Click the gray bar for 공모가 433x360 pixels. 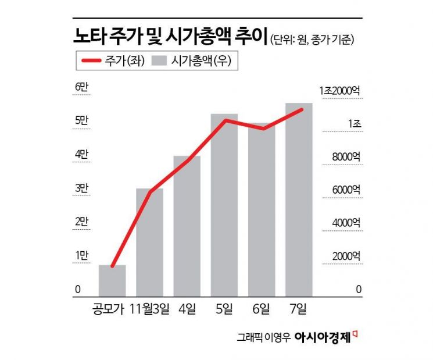pyautogui.click(x=112, y=281)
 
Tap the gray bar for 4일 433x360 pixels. pyautogui.click(x=187, y=226)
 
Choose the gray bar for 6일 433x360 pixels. pyautogui.click(x=262, y=210)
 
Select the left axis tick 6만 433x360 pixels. pyautogui.click(x=81, y=88)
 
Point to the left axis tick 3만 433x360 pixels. pyautogui.click(x=81, y=188)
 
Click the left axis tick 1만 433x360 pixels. pyautogui.click(x=81, y=255)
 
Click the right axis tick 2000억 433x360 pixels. pyautogui.click(x=347, y=256)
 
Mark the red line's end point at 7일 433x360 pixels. pyautogui.click(x=300, y=109)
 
